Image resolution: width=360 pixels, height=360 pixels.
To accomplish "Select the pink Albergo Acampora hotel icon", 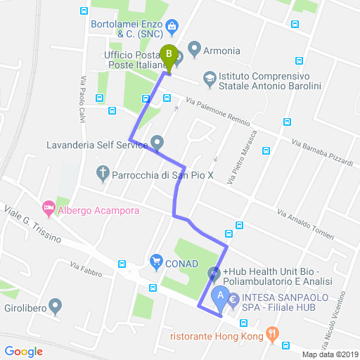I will pos(49,207).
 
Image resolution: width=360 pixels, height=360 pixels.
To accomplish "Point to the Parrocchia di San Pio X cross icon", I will pos(103,173).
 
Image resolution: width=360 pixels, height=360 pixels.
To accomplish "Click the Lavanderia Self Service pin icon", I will pos(157,143).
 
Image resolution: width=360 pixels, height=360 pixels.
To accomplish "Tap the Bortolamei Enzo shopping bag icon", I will pos(172,27).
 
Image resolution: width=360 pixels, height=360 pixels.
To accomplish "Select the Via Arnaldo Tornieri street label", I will pos(305,224).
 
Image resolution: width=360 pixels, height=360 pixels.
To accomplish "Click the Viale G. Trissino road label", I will pos(32,224).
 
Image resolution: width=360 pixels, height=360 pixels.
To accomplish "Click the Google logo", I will pos(23,351).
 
